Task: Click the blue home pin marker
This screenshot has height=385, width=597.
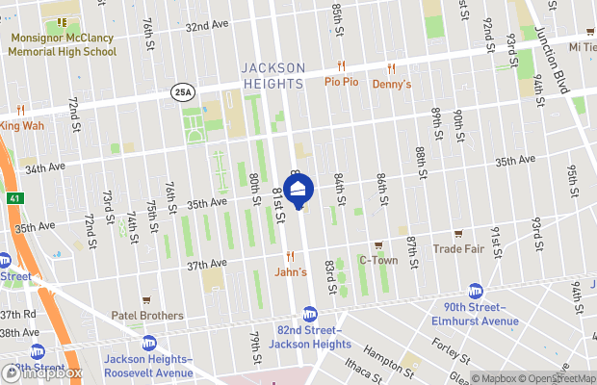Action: (299, 192)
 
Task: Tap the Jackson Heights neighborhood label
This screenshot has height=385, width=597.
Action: (272, 75)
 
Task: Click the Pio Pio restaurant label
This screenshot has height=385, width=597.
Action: (341, 83)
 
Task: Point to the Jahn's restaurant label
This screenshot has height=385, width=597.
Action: (290, 272)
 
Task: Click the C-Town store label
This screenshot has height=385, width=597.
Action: (377, 260)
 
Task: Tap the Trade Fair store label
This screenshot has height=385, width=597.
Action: (458, 249)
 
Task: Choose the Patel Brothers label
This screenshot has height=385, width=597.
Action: (146, 315)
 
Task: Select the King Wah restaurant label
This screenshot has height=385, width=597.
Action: (21, 125)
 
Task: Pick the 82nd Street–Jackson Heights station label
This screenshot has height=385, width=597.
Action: (309, 337)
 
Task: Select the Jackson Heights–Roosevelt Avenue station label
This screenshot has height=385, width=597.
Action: (148, 366)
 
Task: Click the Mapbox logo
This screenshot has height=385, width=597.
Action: (45, 373)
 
